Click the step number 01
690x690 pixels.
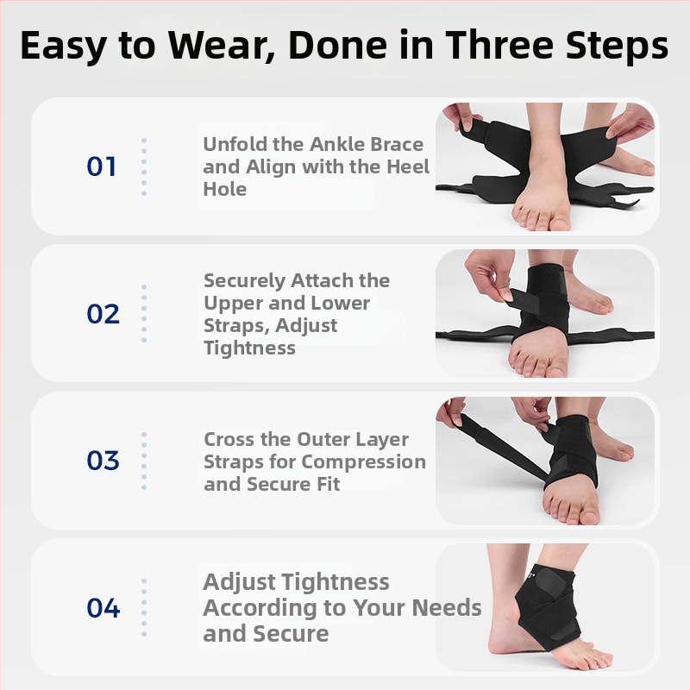(101, 166)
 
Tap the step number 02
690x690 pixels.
(103, 314)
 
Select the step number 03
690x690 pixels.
(103, 461)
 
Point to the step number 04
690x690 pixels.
(103, 608)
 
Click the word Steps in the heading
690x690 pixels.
(617, 46)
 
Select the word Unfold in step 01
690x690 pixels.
(234, 144)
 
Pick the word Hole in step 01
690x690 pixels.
(224, 189)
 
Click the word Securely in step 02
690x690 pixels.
(244, 282)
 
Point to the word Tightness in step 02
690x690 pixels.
(249, 348)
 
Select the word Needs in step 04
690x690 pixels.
(447, 608)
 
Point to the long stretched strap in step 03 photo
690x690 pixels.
(503, 447)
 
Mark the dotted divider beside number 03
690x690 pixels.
(144, 461)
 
